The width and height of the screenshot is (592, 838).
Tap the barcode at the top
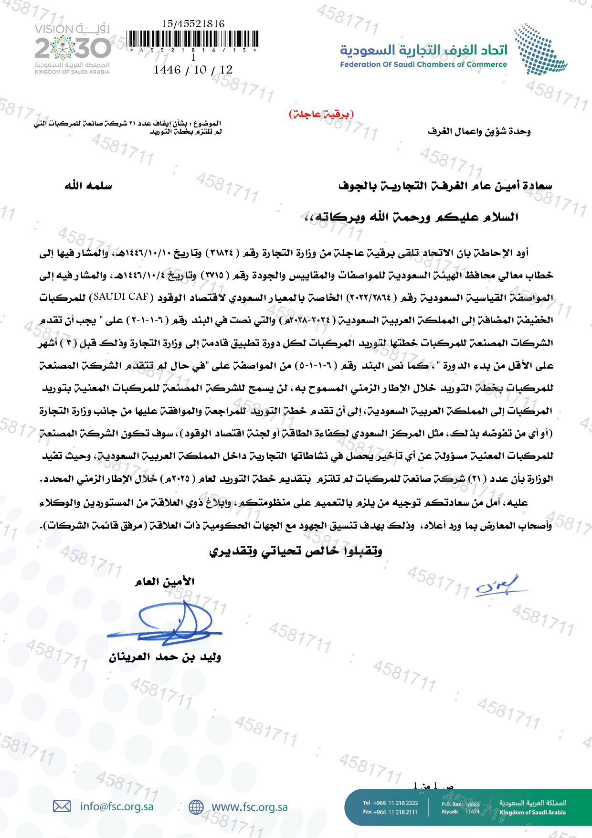coord(193,39)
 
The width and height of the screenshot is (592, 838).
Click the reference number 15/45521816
coord(193,23)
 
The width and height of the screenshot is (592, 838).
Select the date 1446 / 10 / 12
coord(193,70)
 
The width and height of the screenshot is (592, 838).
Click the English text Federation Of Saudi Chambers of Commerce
coord(423,64)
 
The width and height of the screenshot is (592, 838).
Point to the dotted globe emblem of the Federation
coord(540,49)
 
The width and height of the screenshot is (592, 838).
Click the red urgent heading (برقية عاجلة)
coord(321,114)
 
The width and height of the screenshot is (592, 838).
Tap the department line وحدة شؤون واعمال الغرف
coord(479,131)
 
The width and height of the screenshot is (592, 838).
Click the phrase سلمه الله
coord(88,186)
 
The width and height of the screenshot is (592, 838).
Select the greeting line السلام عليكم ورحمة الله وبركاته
coord(411,217)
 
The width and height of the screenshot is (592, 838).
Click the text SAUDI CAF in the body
coord(121,297)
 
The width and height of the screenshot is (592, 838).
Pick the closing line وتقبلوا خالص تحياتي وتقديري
coord(296,551)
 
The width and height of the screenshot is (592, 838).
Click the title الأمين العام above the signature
coord(164,582)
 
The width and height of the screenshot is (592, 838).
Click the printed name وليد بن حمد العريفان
coord(165,657)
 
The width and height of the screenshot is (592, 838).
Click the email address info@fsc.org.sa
coord(117,806)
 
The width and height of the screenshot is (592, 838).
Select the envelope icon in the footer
coord(62,806)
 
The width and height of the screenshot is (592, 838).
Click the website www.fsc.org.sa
coord(250,807)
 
